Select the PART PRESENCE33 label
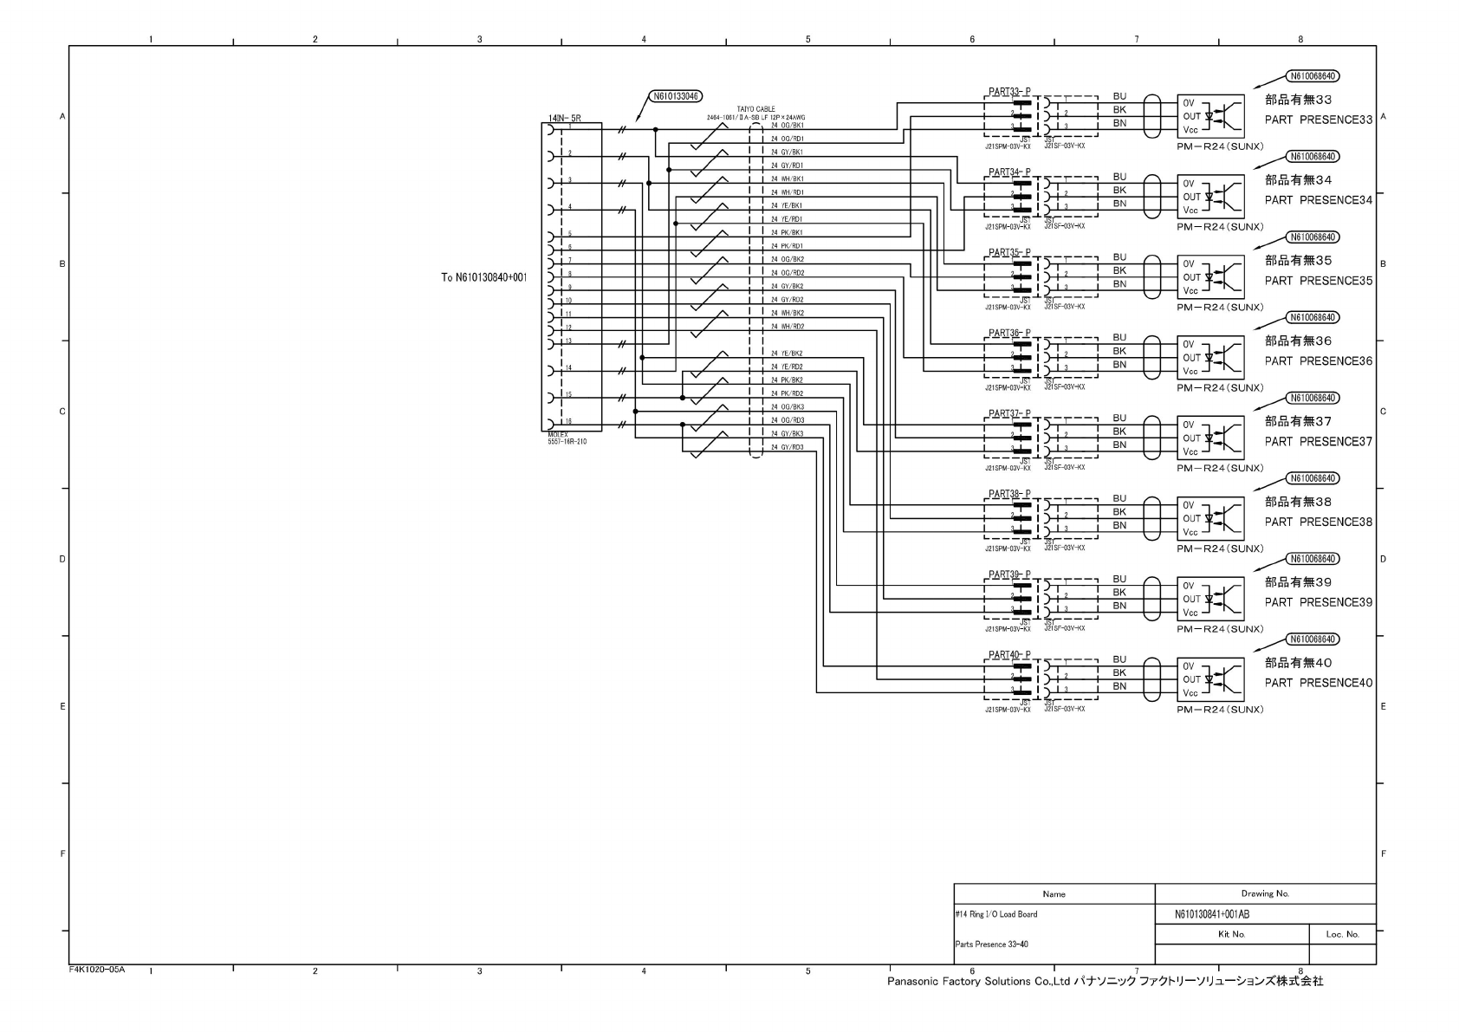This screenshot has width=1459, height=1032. pos(1318,120)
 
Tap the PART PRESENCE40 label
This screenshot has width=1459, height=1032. pos(1318,683)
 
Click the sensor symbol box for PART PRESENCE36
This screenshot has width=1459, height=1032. pos(1210,358)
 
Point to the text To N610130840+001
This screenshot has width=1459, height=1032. pos(483,277)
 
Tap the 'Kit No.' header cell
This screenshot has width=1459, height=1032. pos(1231,934)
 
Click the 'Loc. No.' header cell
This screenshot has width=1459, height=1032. pos(1342,934)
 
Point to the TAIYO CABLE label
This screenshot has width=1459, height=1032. pos(756,109)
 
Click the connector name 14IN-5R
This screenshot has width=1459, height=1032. pos(564,116)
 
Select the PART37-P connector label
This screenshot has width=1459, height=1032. pos(1009,413)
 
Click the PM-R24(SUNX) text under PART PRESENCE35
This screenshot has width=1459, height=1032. pos(1220,308)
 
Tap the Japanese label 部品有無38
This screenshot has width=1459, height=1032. pos(1298,502)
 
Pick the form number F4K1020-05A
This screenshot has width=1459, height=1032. pos(97,970)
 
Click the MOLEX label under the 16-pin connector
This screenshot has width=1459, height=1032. pos(558,435)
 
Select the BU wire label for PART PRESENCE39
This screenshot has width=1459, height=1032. pos(1119,579)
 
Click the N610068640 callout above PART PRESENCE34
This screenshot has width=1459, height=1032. pos(1313,157)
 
